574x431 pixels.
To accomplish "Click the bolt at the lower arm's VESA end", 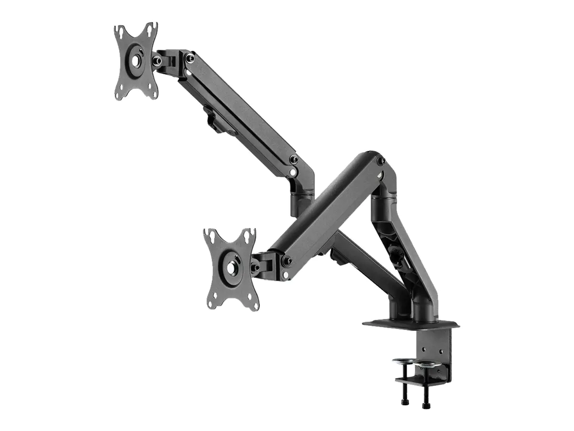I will click(x=287, y=261).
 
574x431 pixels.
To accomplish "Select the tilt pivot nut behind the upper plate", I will click(x=157, y=60).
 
